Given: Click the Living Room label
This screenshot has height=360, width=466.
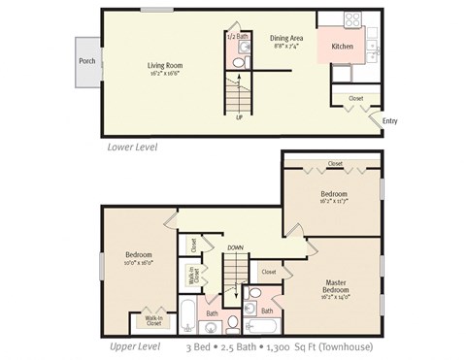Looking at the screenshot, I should pos(165,65).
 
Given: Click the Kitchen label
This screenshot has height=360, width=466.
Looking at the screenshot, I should pos(343,47).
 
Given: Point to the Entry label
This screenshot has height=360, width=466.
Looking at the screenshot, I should pos(389,120).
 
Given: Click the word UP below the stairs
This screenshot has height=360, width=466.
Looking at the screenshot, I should pos(238,118).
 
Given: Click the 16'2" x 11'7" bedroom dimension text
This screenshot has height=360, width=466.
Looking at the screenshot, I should pos(334,201).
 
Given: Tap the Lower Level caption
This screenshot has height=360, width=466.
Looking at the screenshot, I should pos(133,147).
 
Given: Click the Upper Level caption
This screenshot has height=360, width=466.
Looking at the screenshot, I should pos(135,346).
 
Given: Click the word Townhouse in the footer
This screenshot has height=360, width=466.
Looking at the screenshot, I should pos(348,346).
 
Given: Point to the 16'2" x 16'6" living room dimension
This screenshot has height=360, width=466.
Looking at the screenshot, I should pos(165,72).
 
